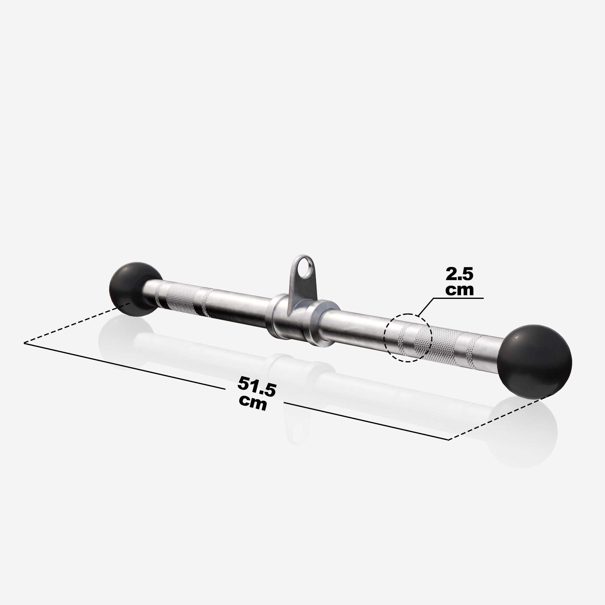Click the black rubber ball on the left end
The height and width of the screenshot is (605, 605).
[x=133, y=289]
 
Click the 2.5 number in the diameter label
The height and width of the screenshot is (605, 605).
[x=459, y=275]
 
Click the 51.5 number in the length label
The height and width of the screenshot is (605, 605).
[x=257, y=384]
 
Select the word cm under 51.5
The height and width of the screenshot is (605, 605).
[x=253, y=402]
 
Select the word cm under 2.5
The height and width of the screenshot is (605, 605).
[x=459, y=290]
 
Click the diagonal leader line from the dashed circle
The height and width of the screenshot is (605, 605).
[x=426, y=307]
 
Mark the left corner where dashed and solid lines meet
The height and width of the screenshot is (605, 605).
[x=25, y=343]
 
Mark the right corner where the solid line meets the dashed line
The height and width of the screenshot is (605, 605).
[x=449, y=440]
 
